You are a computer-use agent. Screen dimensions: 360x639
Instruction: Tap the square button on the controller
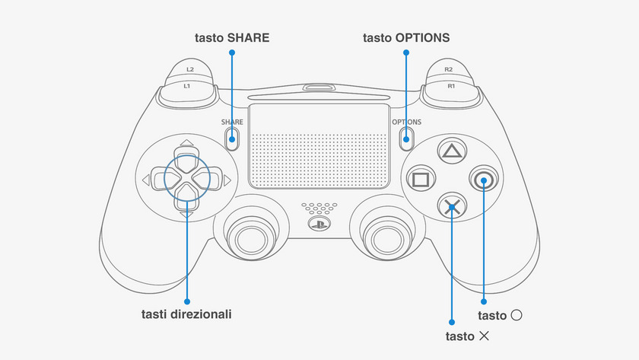pyautogui.click(x=419, y=180)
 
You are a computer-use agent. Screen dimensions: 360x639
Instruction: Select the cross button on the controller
pyautogui.click(x=451, y=206)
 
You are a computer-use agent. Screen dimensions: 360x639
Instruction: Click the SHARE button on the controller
pyautogui.click(x=233, y=137)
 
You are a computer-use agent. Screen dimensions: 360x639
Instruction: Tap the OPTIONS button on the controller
pyautogui.click(x=406, y=137)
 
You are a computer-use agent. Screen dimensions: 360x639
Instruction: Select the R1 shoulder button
pyautogui.click(x=450, y=87)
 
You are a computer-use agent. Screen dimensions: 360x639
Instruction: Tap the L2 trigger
pyautogui.click(x=189, y=70)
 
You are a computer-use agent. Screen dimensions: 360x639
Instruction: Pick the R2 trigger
pyautogui.click(x=450, y=70)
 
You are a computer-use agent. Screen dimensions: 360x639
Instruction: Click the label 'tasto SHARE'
pyautogui.click(x=233, y=37)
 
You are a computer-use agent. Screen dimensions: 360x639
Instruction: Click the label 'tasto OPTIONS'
pyautogui.click(x=406, y=37)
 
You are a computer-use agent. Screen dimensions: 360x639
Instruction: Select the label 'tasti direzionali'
pyautogui.click(x=186, y=314)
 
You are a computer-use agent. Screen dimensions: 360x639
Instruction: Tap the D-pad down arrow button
pyautogui.click(x=186, y=202)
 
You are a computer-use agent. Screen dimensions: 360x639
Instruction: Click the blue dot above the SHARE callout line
pyautogui.click(x=233, y=53)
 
